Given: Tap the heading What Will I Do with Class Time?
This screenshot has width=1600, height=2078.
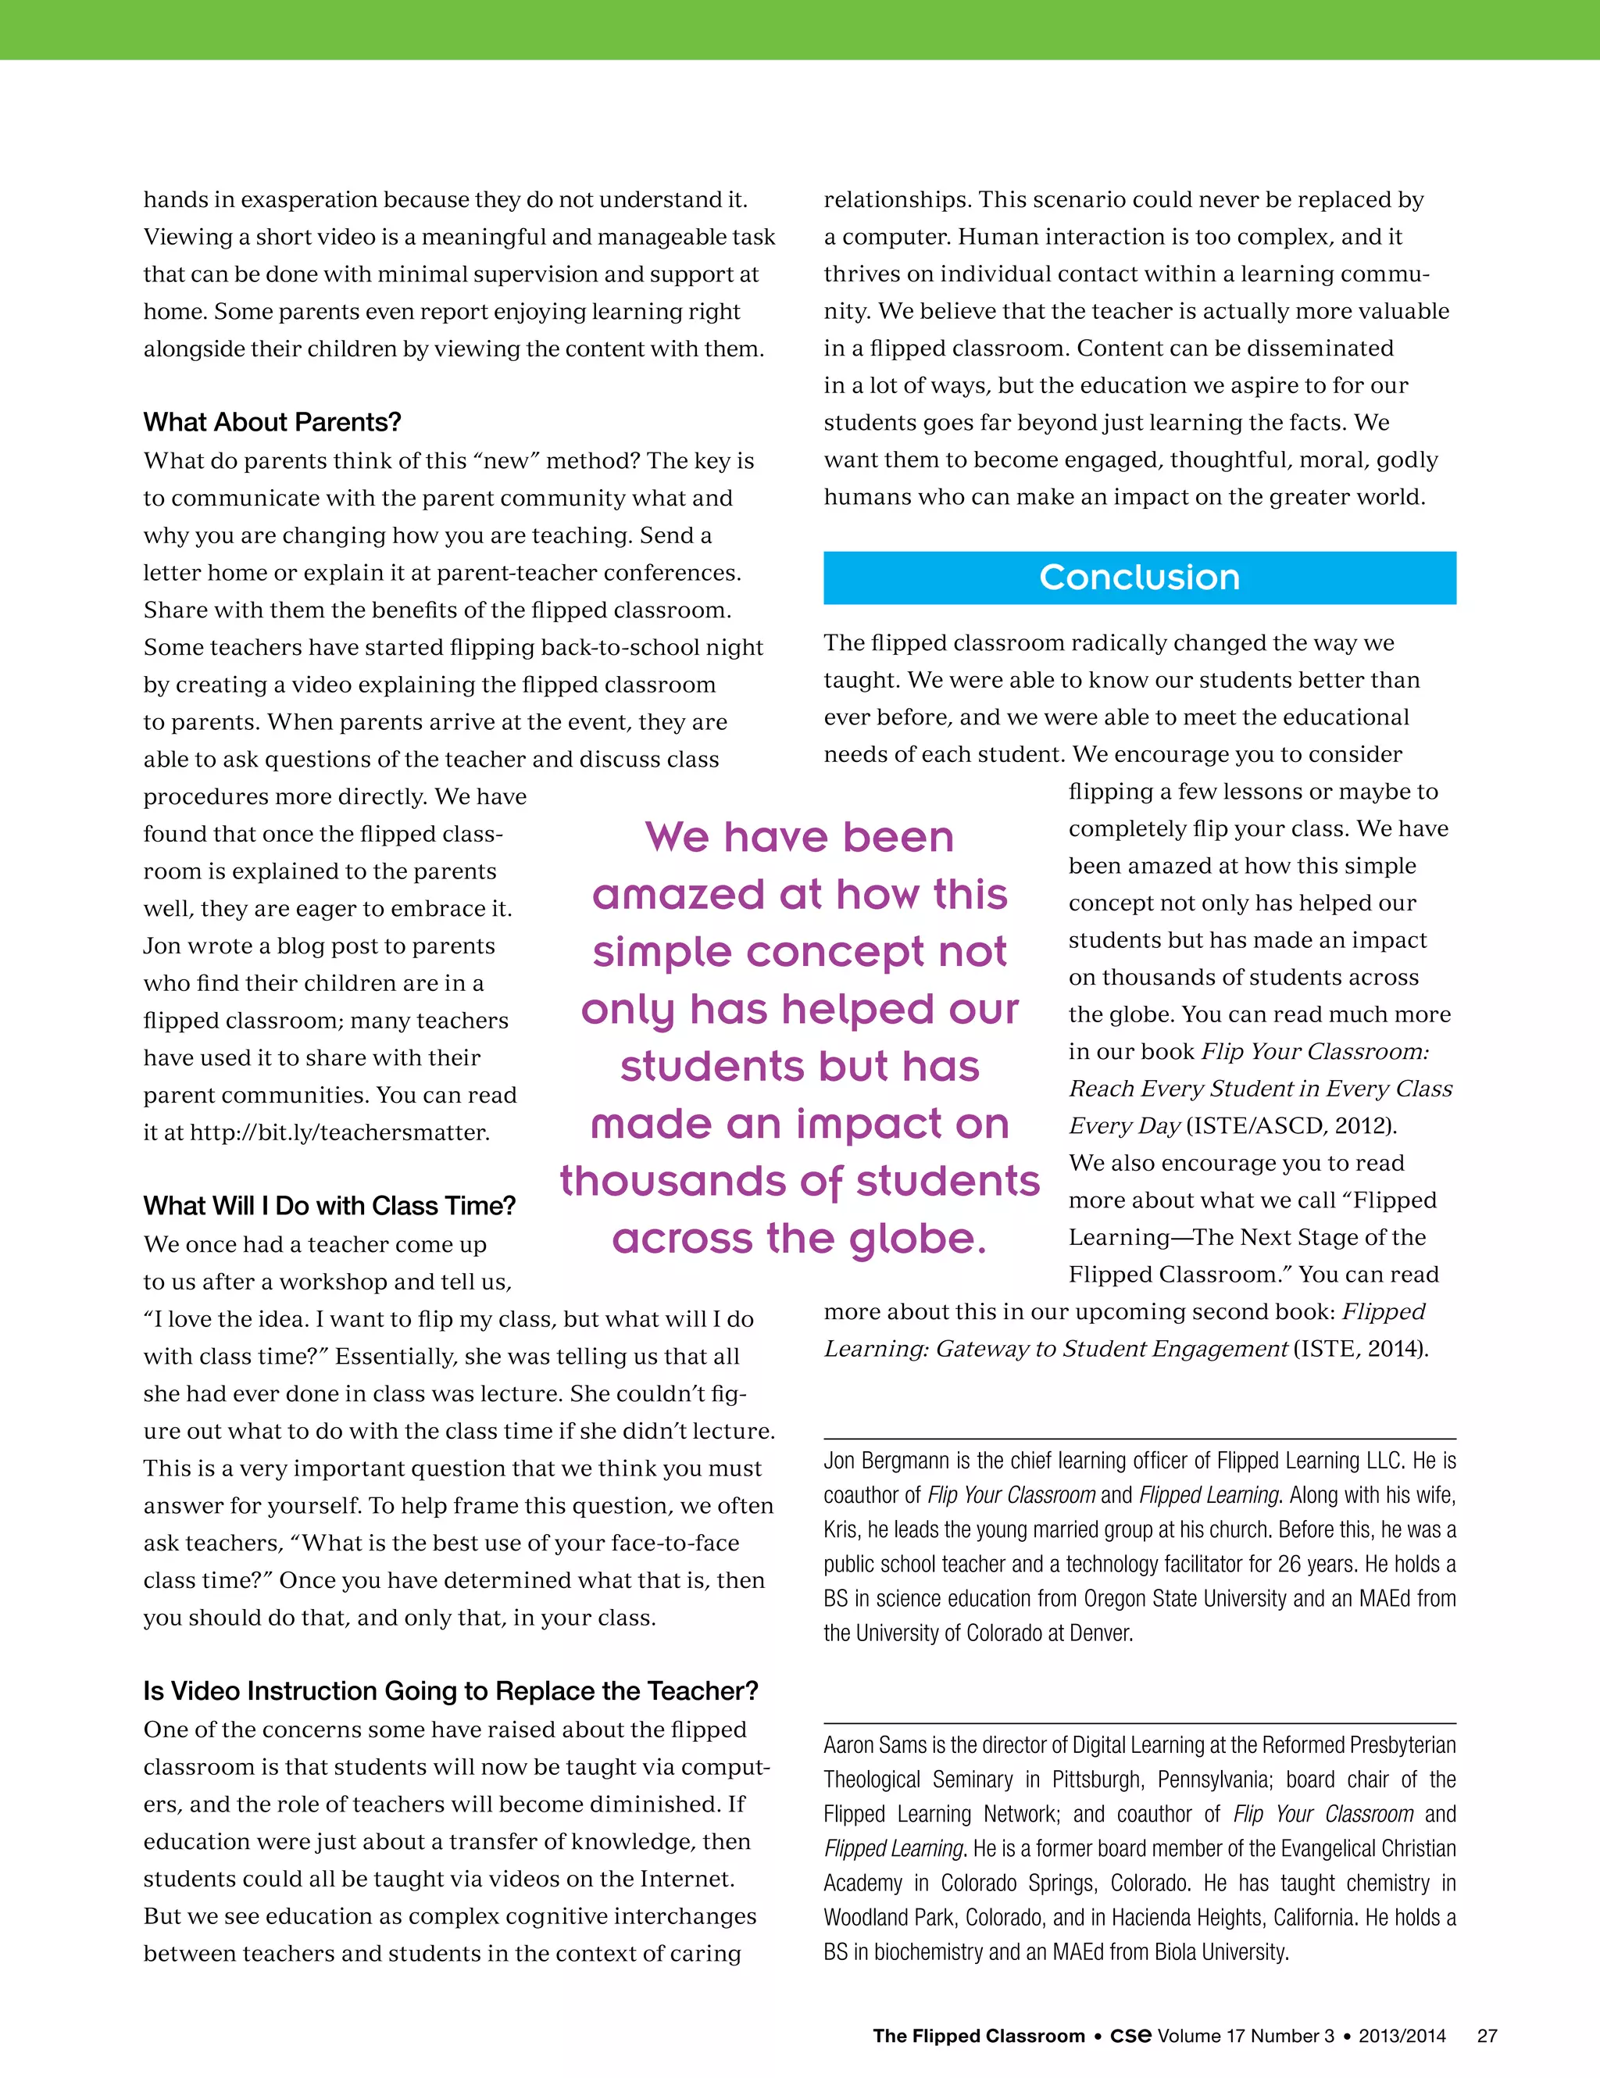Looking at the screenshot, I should click(329, 1206).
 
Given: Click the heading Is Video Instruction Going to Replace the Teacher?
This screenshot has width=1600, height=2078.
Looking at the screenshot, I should click(451, 1690).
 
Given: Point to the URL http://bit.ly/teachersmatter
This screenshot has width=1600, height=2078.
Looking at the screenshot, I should click(340, 1132).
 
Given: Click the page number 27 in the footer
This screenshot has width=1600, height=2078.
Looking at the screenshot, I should click(1487, 2035).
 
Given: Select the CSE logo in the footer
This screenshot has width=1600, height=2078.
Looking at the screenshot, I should click(1130, 2035).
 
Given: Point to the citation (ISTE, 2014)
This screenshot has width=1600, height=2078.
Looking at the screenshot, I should click(1360, 1348).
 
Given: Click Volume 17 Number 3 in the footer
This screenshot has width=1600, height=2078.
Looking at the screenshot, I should click(1245, 2035).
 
